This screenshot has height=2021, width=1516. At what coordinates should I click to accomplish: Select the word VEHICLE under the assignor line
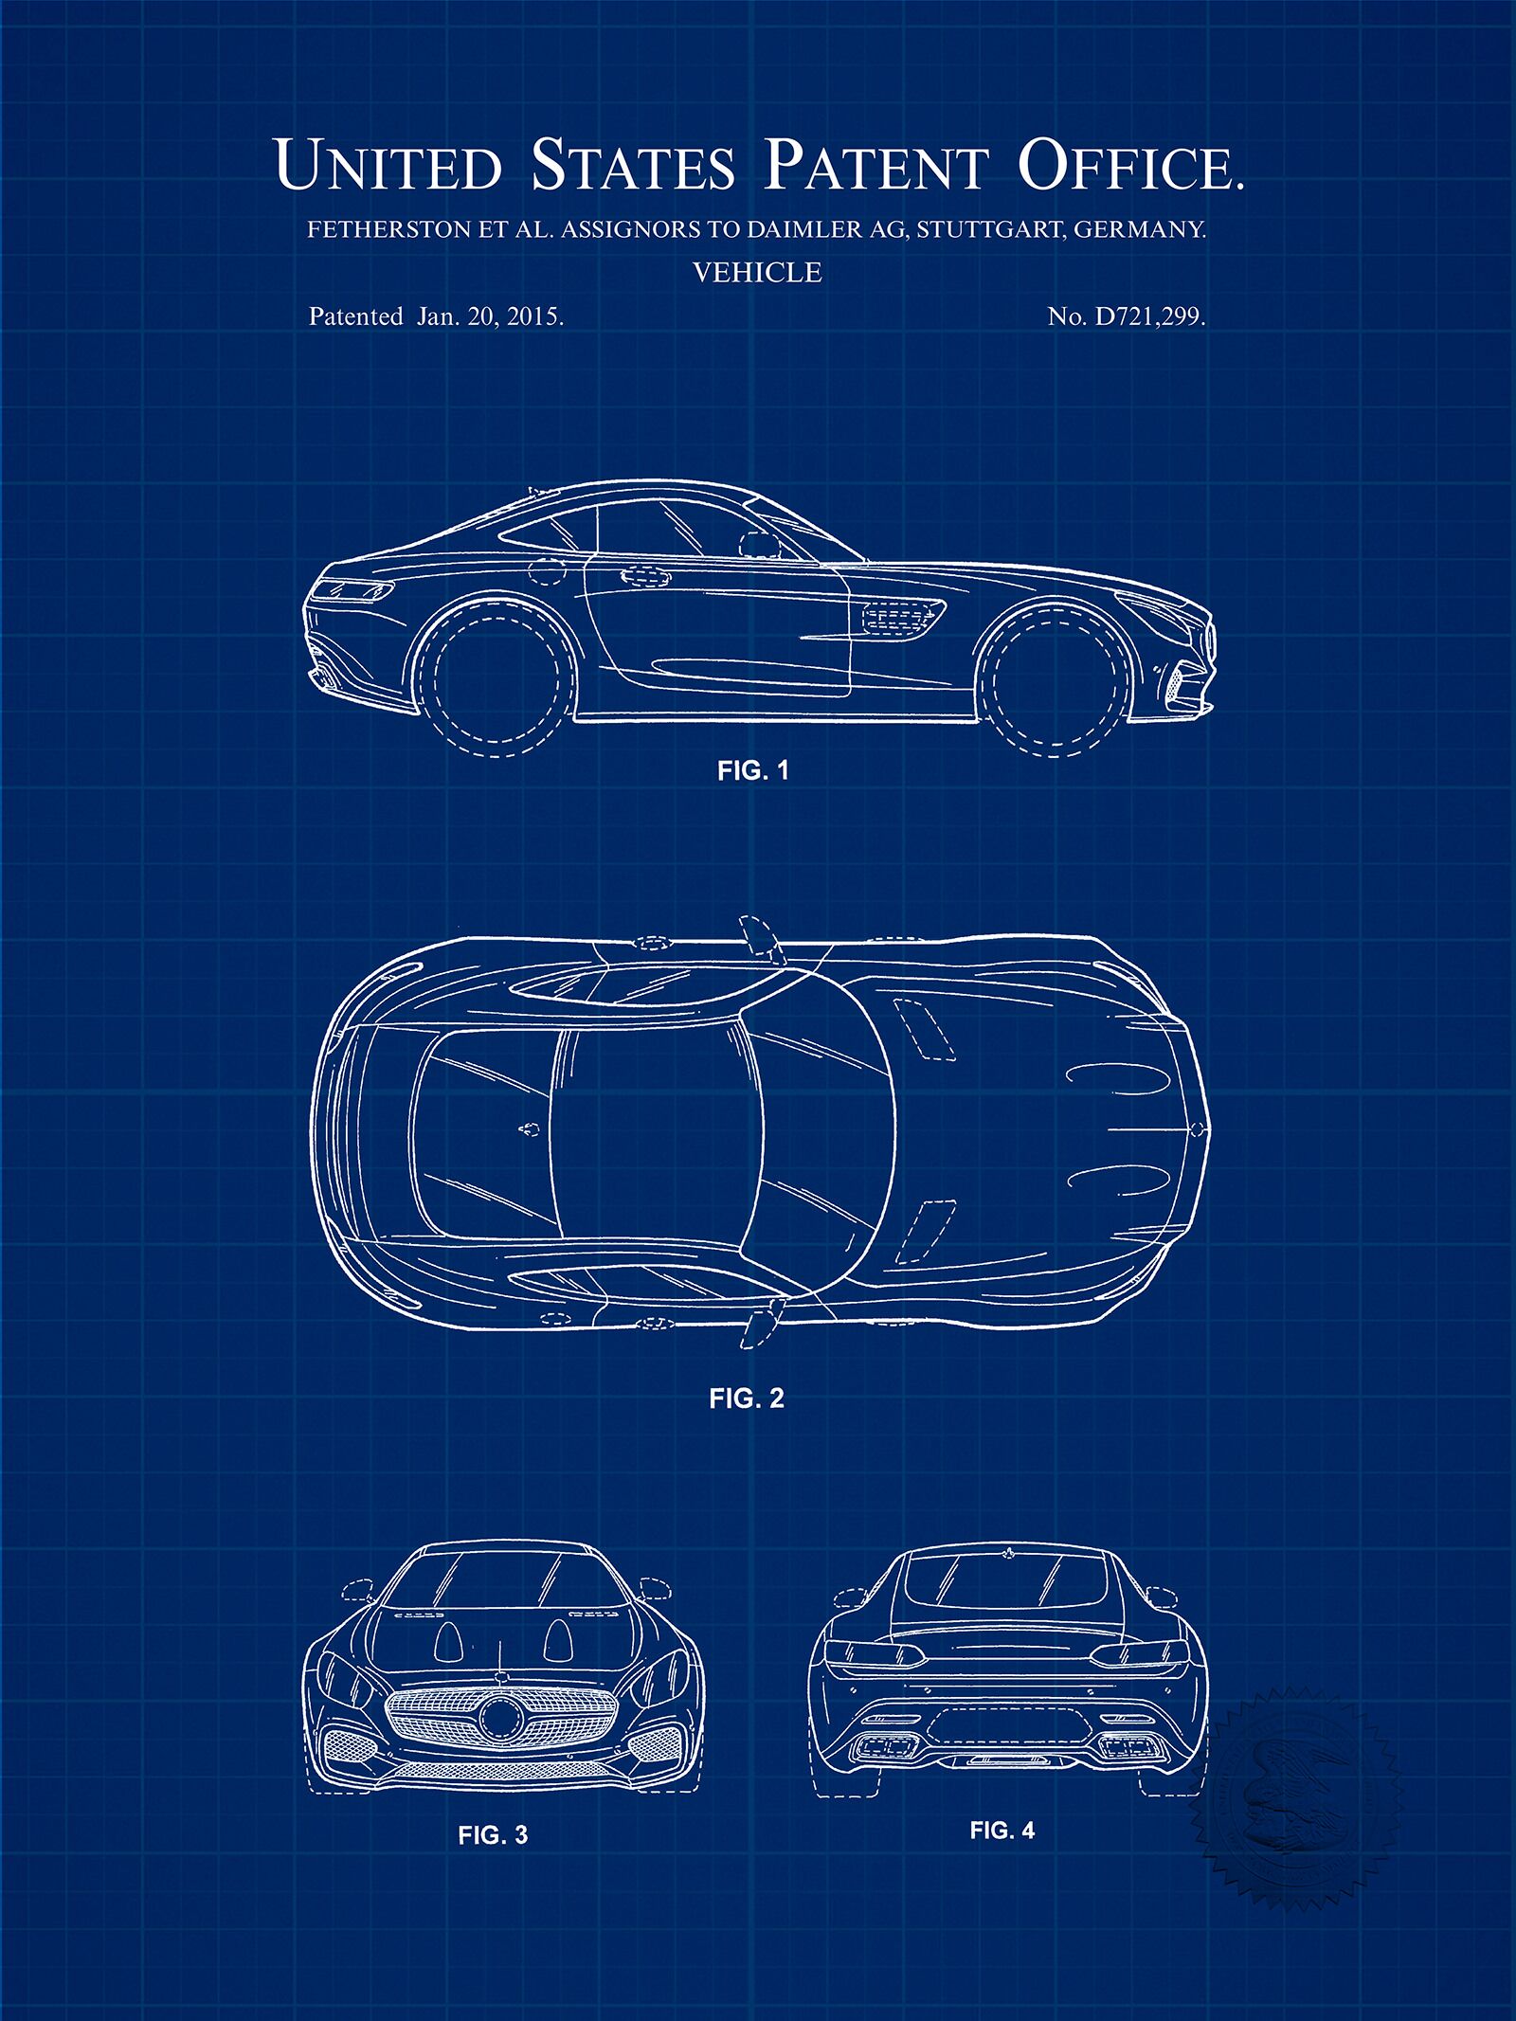[x=757, y=273]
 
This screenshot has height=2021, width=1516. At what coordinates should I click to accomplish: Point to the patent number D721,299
[x=1150, y=317]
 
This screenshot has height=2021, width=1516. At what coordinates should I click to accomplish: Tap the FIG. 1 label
[x=752, y=770]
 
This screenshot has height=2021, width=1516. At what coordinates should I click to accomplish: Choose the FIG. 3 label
[x=493, y=1835]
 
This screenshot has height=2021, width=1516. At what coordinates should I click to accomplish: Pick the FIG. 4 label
[x=1002, y=1831]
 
